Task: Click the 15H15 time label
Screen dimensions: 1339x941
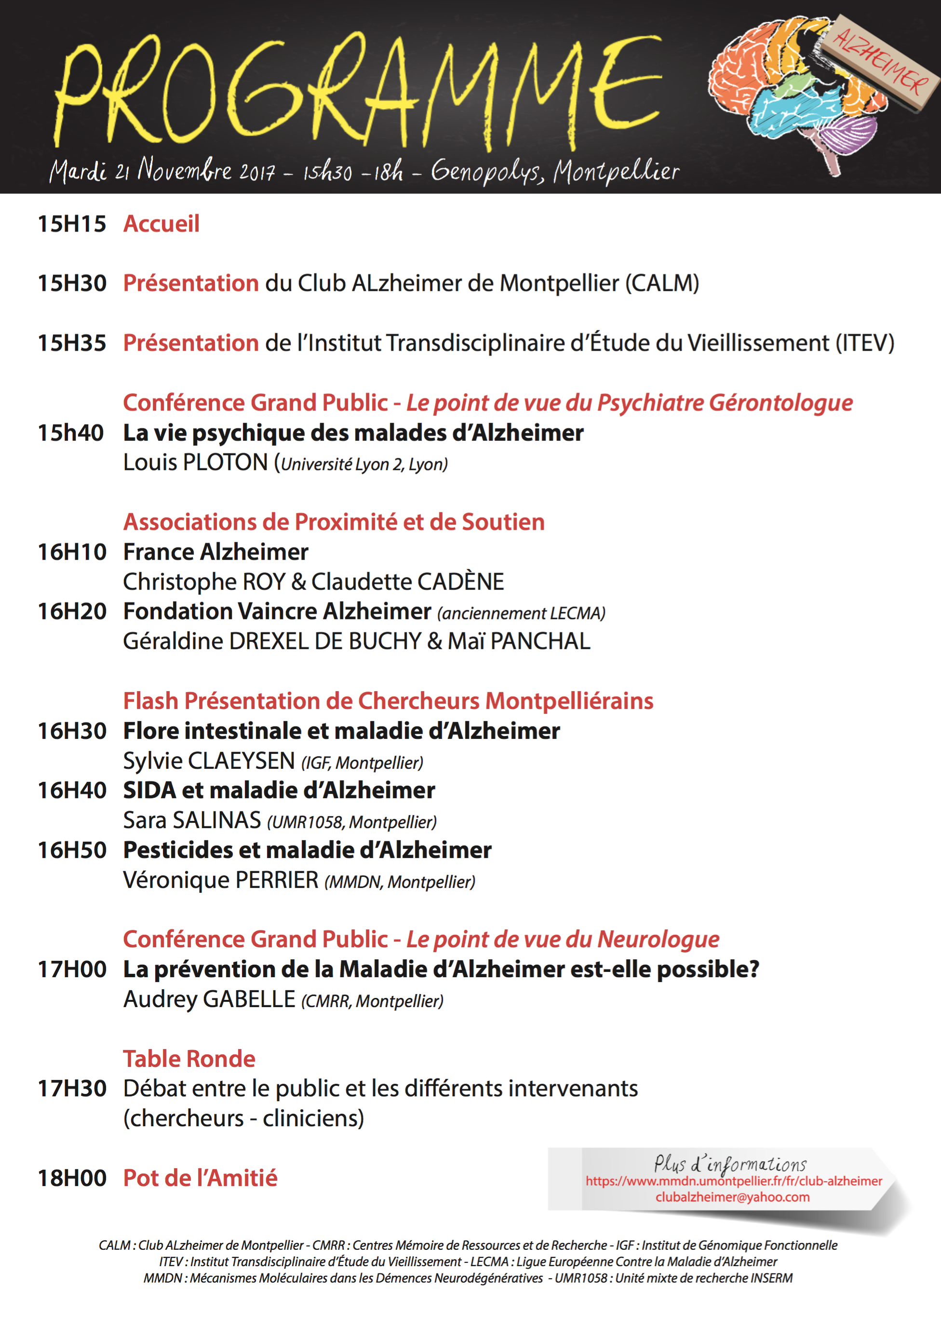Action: point(72,224)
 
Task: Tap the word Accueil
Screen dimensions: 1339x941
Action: point(161,224)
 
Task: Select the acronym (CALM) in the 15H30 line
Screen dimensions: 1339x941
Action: point(662,284)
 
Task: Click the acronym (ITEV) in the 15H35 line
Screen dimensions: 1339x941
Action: point(865,343)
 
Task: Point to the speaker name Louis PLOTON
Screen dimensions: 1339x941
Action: point(195,463)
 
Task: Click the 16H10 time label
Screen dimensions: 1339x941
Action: point(72,552)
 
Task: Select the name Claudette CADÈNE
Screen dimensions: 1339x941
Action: point(407,582)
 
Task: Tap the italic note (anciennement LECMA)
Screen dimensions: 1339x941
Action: point(521,614)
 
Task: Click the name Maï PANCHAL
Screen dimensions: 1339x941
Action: point(519,642)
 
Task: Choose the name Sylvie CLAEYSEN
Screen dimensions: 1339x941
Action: point(209,761)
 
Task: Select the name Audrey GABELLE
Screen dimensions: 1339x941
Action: point(209,999)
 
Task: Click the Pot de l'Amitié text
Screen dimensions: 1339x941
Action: point(200,1178)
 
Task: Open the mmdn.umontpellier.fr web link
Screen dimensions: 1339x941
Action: point(734,1181)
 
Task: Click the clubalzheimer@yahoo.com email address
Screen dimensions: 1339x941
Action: point(732,1197)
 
